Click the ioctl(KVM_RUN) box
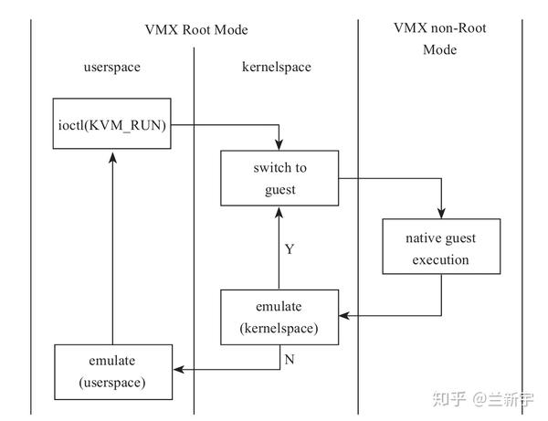click(x=112, y=125)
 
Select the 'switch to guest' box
click(x=279, y=179)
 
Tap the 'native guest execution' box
click(x=441, y=247)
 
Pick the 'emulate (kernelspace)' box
click(x=279, y=317)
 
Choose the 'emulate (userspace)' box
click(x=112, y=371)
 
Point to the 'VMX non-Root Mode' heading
click(x=439, y=39)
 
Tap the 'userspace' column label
click(x=112, y=68)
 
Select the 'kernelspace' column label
click(x=277, y=68)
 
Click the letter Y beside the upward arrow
click(x=290, y=248)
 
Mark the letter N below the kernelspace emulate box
click(x=290, y=360)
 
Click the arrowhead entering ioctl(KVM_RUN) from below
click(x=112, y=158)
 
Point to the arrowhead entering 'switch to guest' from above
click(x=279, y=146)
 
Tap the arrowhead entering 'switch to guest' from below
click(x=279, y=212)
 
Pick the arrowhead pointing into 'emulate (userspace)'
click(x=179, y=370)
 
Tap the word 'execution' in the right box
click(x=441, y=259)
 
